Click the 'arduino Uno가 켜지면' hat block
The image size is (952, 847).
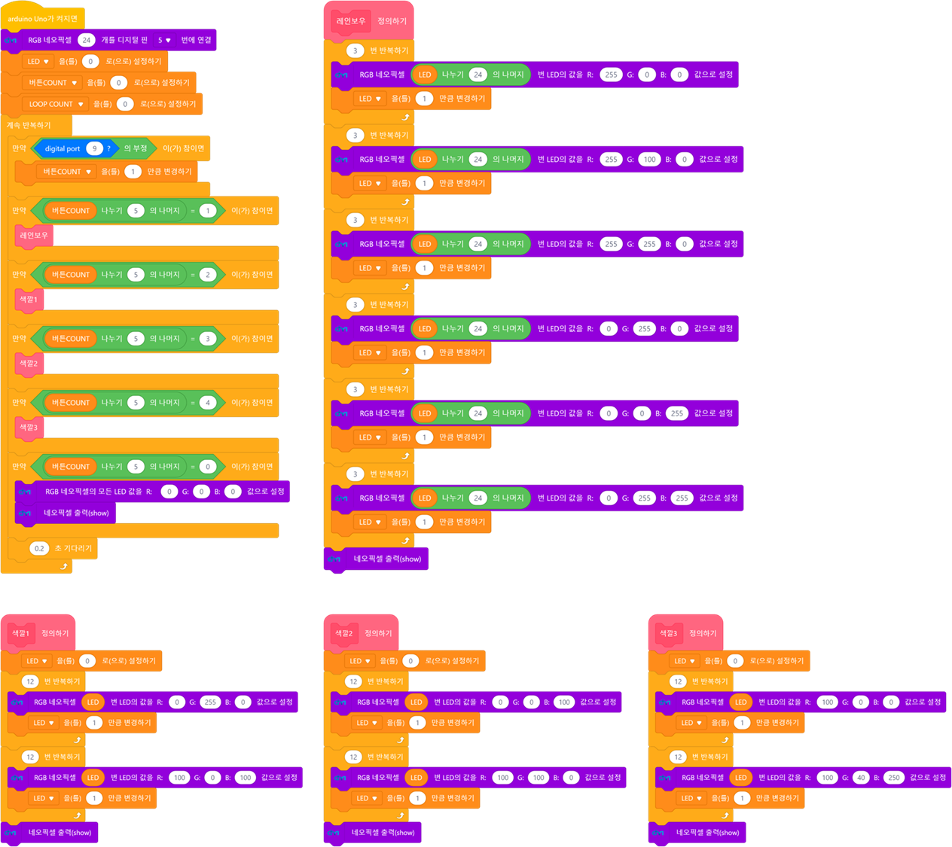pos(42,19)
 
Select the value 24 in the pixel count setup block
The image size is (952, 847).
pos(87,40)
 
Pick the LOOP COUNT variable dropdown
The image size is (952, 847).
pos(56,104)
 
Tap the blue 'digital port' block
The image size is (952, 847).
pos(63,148)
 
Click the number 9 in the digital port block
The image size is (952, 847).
pos(94,148)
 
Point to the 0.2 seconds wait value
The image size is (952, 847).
pos(39,548)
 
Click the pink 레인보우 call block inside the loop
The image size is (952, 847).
pos(34,236)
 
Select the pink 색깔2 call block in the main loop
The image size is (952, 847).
pos(29,364)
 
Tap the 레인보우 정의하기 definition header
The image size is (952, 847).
pos(369,21)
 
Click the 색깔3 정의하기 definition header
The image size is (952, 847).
pos(685,633)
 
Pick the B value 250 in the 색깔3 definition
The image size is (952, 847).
pos(893,777)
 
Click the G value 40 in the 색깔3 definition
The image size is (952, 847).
pos(861,777)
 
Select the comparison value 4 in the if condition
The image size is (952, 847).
pos(208,403)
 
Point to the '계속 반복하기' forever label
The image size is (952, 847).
pos(29,125)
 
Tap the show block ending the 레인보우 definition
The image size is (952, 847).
pos(387,559)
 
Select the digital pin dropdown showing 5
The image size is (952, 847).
pos(164,40)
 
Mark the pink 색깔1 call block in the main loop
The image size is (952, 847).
pos(29,300)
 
